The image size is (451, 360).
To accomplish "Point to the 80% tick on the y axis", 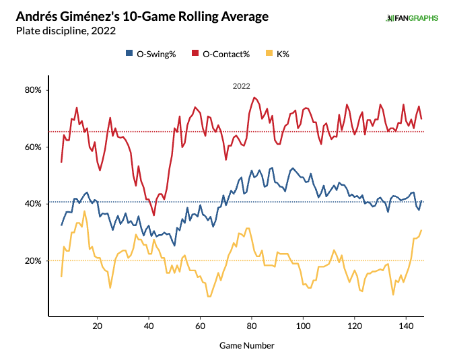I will [34, 90].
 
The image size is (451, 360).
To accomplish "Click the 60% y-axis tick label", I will [34, 147].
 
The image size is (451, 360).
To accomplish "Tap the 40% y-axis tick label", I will [34, 204].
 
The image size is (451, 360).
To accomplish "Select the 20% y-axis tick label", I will [34, 260].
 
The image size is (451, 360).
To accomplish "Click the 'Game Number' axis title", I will [246, 345].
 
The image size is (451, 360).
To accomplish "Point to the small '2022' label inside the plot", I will [242, 86].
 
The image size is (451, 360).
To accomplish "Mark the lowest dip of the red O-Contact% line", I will [154, 215].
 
